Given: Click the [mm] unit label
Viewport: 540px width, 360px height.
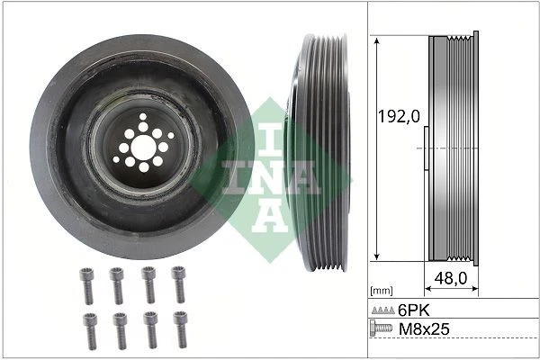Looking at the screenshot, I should [x=382, y=291].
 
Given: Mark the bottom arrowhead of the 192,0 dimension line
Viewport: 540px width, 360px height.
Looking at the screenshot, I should [x=374, y=257].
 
